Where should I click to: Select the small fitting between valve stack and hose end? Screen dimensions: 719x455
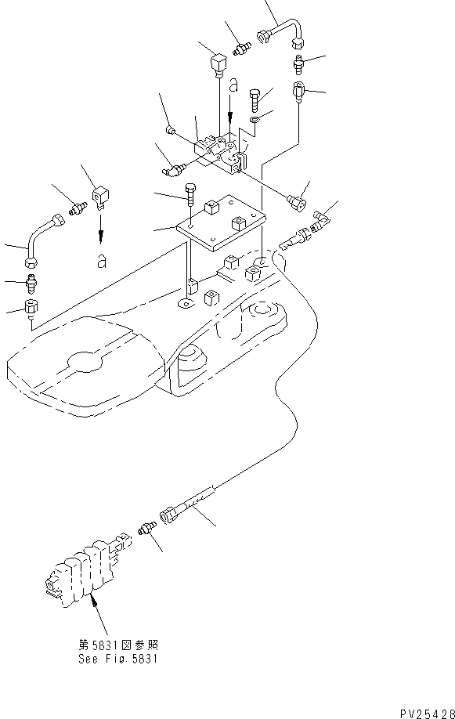click(x=144, y=530)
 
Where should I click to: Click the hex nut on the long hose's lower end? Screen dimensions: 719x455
click(x=168, y=516)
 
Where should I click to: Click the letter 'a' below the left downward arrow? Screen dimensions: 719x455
click(x=101, y=262)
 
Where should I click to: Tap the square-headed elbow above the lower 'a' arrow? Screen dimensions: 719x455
click(x=99, y=197)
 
